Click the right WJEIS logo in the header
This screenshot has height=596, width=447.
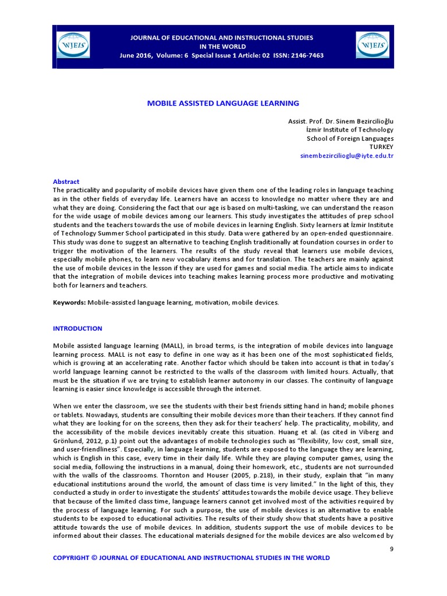pos(372,46)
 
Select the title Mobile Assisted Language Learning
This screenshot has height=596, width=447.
pos(223,103)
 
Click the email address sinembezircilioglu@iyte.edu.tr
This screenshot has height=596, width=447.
pos(346,156)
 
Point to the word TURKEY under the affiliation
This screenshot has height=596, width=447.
pos(381,147)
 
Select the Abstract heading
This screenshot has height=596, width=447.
pos(66,182)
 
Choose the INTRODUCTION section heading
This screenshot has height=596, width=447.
pos(77,328)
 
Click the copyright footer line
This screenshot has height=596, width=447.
pos(191,558)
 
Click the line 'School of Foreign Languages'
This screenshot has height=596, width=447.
pos(350,139)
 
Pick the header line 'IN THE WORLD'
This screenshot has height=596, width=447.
pos(222,47)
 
